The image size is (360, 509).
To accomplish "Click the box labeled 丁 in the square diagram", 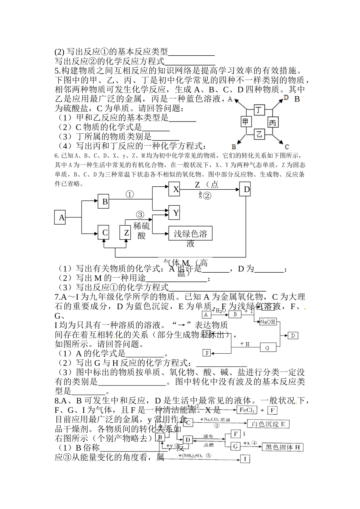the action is tap(259, 110).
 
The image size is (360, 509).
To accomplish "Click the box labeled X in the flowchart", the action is tap(175, 189).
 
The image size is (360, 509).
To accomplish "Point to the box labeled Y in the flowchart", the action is tap(175, 213).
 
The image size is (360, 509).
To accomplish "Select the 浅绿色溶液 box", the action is tap(190, 233).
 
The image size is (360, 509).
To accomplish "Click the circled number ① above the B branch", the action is tap(130, 194).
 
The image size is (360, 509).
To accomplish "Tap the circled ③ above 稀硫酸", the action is tap(140, 215).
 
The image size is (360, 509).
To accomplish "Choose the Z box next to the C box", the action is tap(126, 233).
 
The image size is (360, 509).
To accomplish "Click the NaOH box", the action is tap(267, 322).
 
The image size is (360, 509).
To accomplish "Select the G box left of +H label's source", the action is tap(267, 348).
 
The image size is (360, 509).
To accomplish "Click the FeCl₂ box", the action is tap(247, 410).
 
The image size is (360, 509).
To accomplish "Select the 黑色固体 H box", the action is tap(283, 447).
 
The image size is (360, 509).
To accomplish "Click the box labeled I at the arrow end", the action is tap(245, 459).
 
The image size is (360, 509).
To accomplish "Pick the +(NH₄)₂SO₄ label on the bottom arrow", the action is tap(194, 456).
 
